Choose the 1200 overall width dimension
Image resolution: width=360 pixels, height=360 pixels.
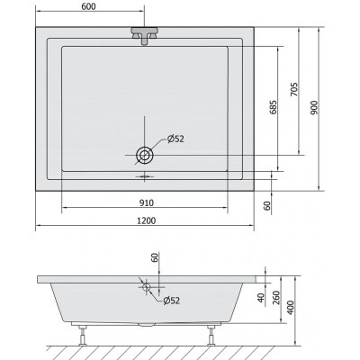pos(144,220)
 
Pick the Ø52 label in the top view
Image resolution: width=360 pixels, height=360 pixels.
pos(176,138)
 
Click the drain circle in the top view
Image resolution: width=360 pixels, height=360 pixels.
pos(144,155)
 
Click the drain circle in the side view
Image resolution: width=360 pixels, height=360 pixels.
pos(146,288)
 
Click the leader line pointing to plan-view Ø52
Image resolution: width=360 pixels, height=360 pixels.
pos(159,144)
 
